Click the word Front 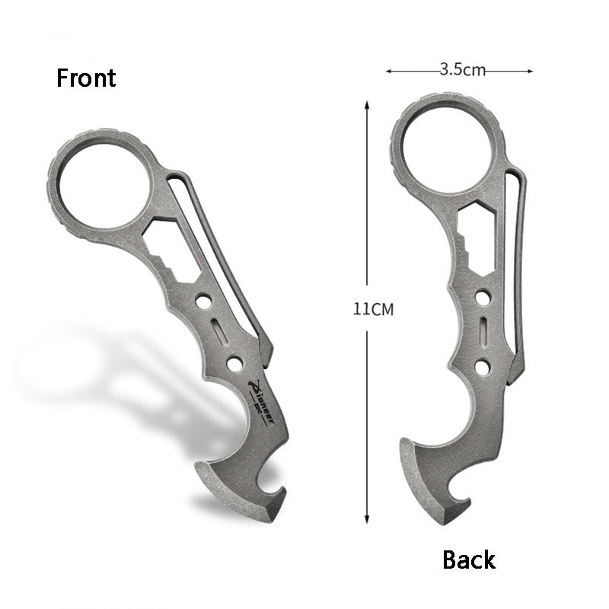(86, 78)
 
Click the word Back (469, 560)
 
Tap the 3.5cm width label (462, 71)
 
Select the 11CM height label (372, 310)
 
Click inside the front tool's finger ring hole (104, 184)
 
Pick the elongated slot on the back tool (483, 332)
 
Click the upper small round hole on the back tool (483, 298)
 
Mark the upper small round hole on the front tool (203, 302)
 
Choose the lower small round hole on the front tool (234, 363)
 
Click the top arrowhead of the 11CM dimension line (368, 107)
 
